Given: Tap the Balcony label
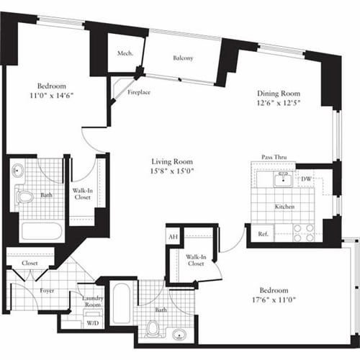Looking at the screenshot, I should [x=182, y=59].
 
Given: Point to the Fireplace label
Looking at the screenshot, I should [x=139, y=93].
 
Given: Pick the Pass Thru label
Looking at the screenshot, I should [x=275, y=157].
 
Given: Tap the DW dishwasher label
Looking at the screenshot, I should [x=306, y=179].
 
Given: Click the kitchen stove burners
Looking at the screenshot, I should [x=304, y=233].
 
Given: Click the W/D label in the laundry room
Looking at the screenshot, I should [x=93, y=323].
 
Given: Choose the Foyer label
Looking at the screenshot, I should [x=48, y=291].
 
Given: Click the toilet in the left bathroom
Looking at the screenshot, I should [x=25, y=196].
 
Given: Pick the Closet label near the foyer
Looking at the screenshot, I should [x=30, y=264].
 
